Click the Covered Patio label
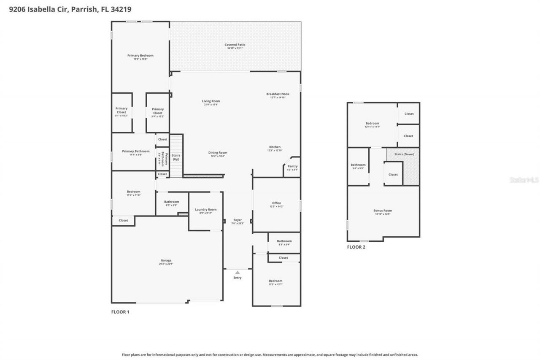tap(235, 45)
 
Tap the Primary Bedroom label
tap(140, 56)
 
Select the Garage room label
tap(166, 261)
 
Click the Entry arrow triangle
tap(238, 273)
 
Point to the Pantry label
tap(292, 167)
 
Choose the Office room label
tap(276, 203)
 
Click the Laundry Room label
tap(205, 210)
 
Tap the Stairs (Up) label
tap(176, 157)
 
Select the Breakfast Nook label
tap(278, 94)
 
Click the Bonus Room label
tap(383, 211)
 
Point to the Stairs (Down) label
tap(404, 154)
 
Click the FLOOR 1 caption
tap(120, 312)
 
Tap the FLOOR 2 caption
tap(356, 247)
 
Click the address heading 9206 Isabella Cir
tap(38, 8)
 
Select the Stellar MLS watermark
tap(524, 180)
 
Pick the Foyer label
tap(238, 220)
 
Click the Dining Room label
tap(218, 153)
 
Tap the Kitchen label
tap(275, 147)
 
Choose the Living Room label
tap(211, 101)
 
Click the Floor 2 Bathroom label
tap(358, 165)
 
